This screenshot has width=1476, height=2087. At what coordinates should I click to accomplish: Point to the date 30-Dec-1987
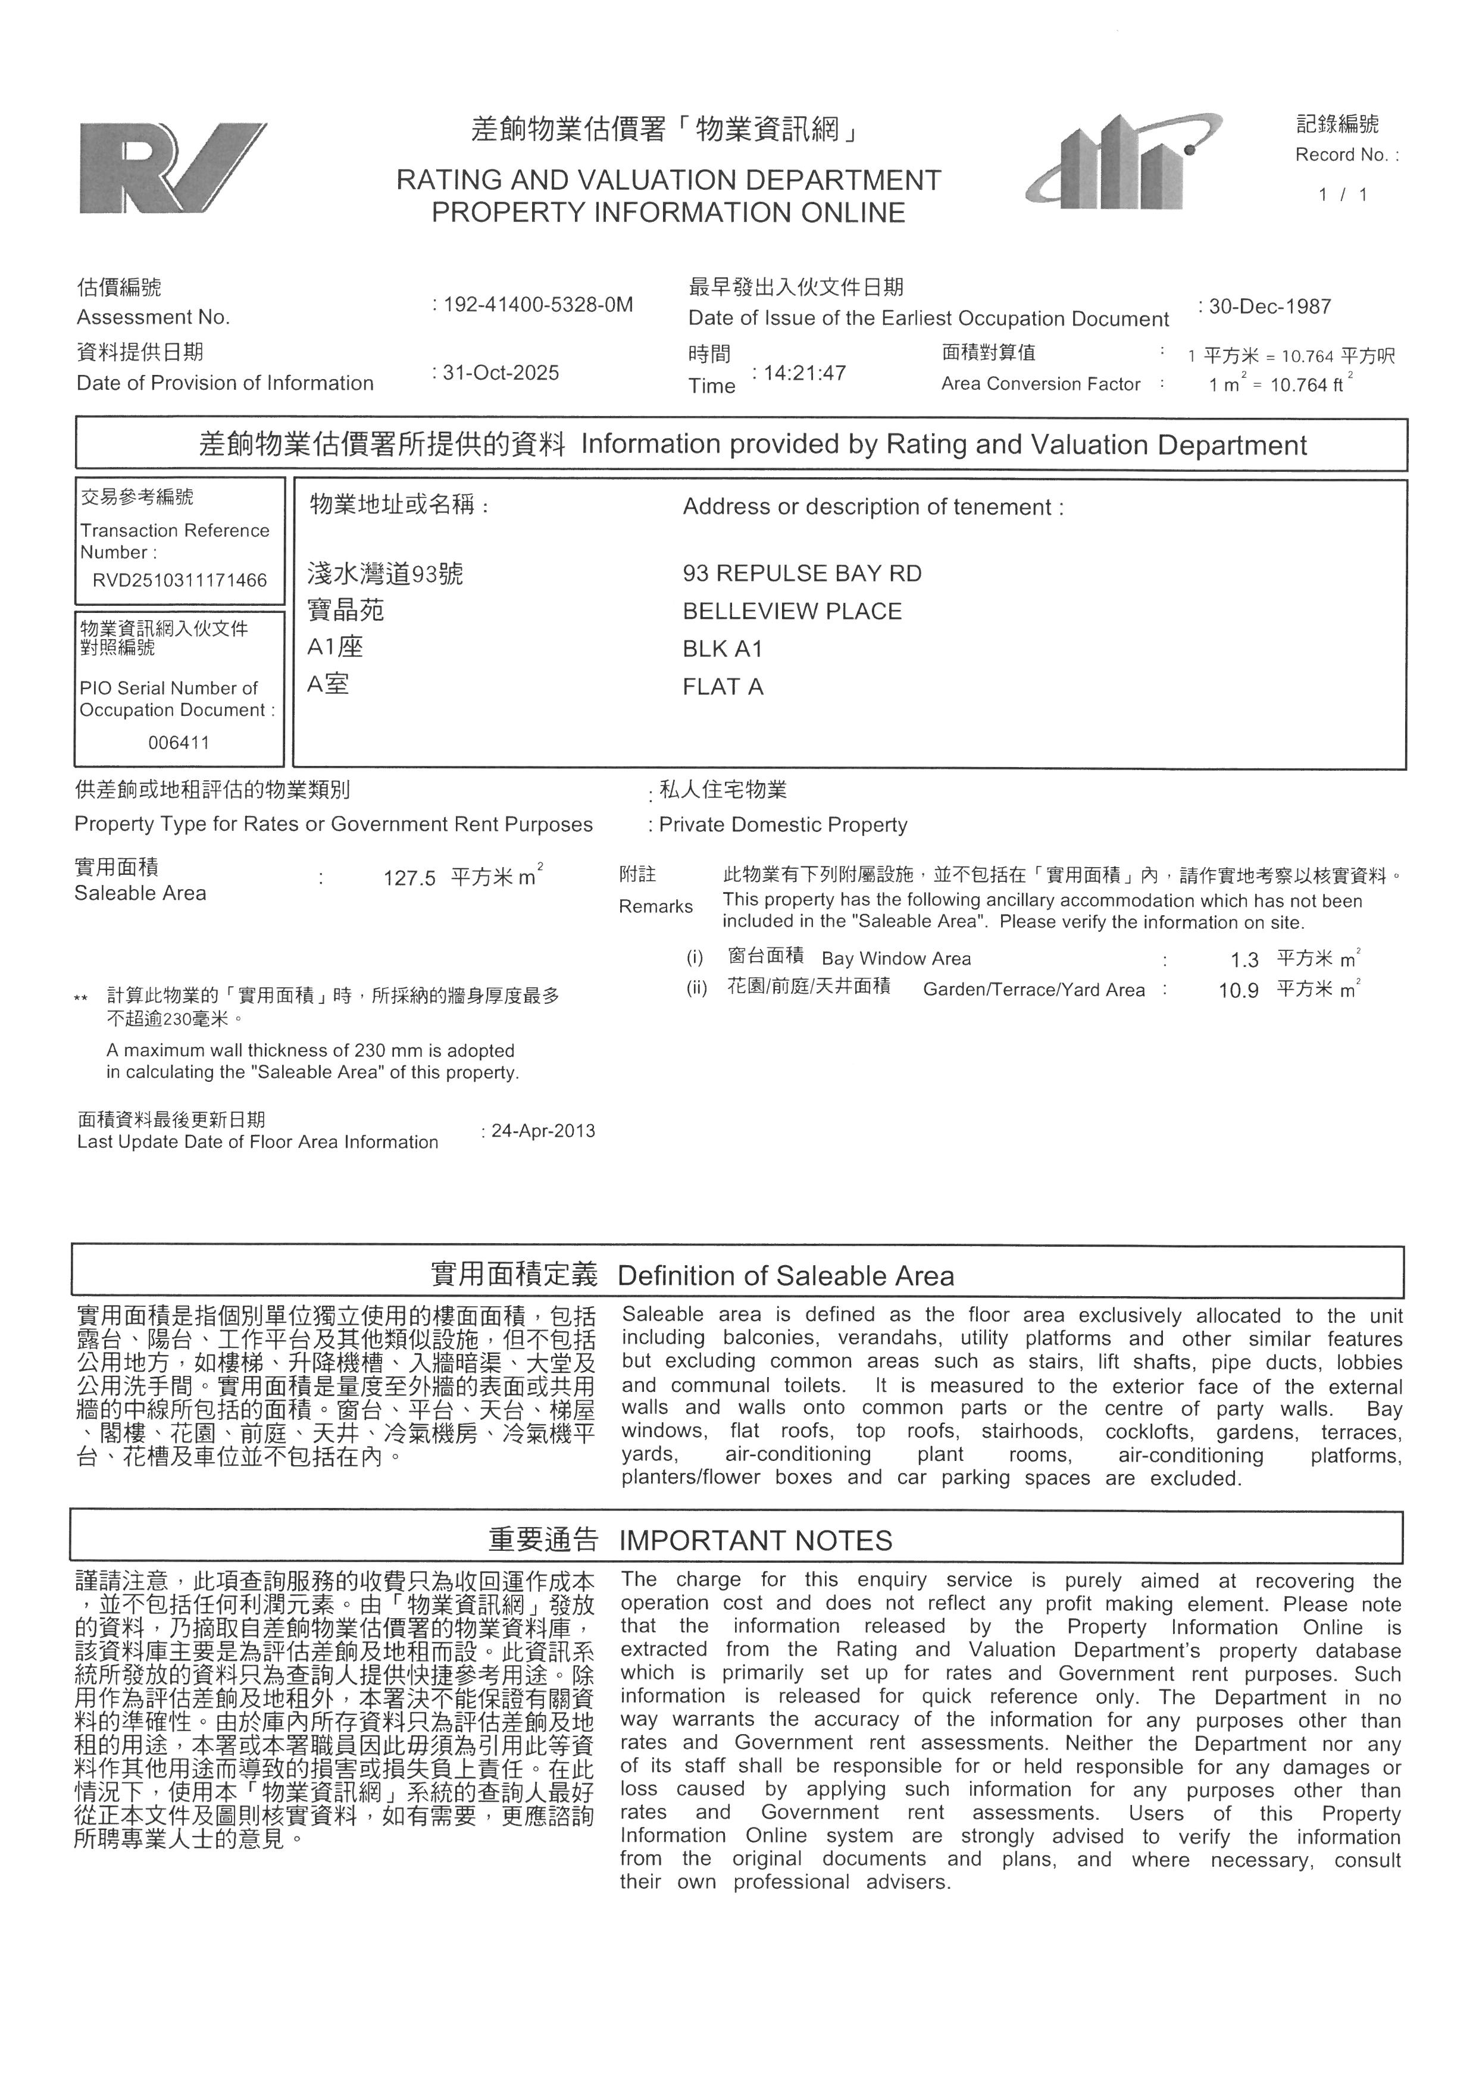click(1269, 306)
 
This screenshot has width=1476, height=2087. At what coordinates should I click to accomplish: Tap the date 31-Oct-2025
click(500, 373)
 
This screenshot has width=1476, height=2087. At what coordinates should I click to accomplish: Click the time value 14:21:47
click(803, 373)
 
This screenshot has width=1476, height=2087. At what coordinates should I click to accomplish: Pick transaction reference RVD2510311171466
click(180, 580)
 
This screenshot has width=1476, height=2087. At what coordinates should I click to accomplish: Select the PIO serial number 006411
click(179, 743)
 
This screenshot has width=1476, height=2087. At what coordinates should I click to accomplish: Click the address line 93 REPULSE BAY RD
click(802, 574)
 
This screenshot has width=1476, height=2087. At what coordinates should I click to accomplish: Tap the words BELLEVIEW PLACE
click(792, 611)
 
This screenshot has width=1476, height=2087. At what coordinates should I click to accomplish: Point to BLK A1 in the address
click(723, 649)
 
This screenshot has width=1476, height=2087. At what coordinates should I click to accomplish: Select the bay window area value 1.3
click(1244, 960)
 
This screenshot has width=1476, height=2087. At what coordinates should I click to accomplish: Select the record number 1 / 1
click(1343, 195)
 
